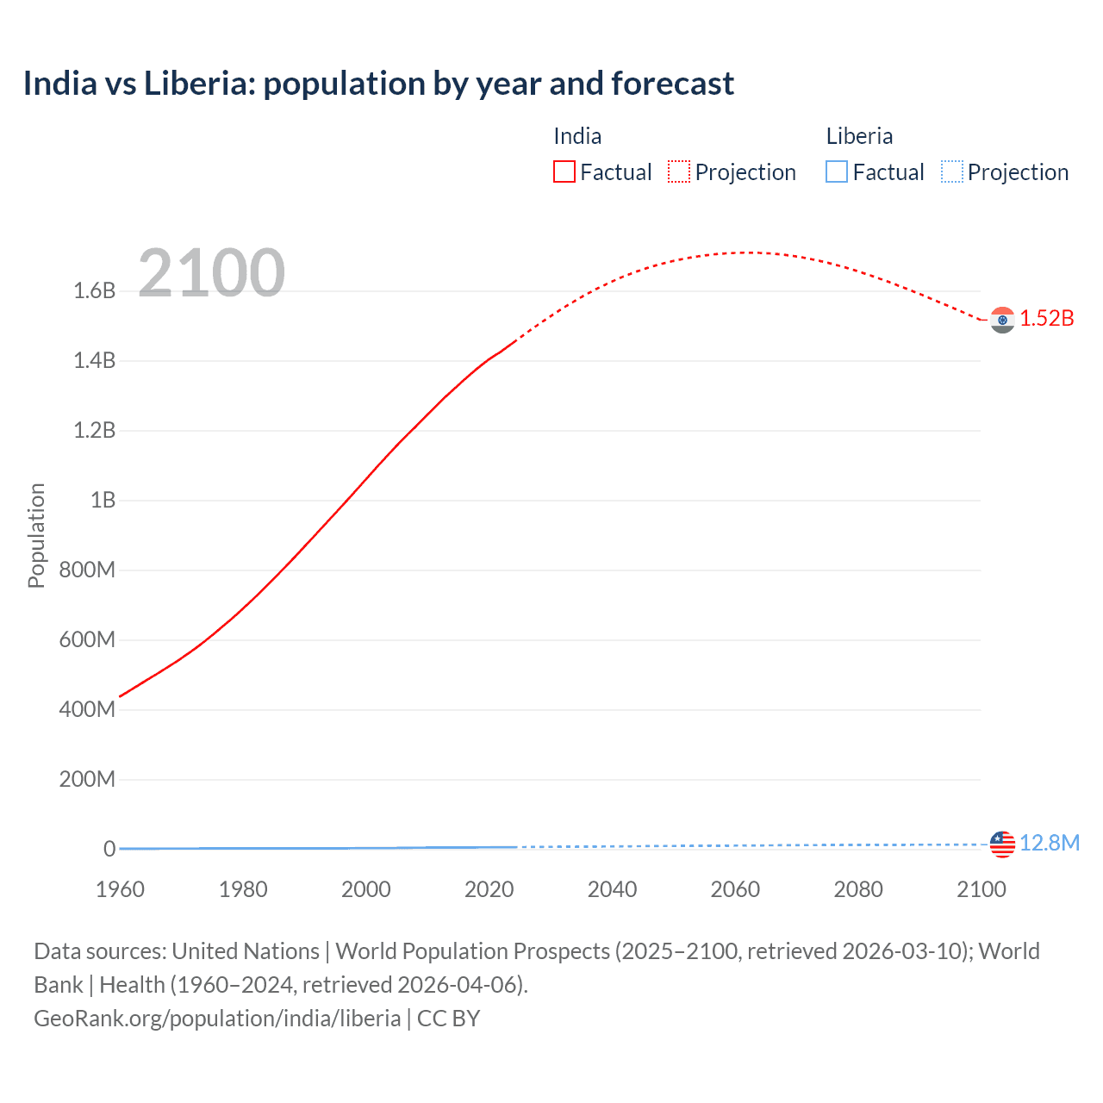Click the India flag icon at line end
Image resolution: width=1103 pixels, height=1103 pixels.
point(1002,320)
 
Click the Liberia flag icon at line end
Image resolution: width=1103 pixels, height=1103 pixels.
point(1002,844)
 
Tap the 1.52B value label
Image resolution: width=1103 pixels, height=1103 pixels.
point(1047,318)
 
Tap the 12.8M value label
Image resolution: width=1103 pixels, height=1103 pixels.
point(1050,843)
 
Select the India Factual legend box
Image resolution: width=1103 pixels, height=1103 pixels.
point(564,171)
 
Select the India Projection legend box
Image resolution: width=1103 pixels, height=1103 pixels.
point(679,171)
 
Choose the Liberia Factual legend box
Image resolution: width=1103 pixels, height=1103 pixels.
point(837,171)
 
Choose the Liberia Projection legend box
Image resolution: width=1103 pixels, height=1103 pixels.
point(951,171)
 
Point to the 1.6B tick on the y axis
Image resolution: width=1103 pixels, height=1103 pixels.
point(95,290)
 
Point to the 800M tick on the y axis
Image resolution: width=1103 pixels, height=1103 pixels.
point(87,570)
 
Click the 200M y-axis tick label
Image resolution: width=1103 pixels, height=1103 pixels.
point(87,779)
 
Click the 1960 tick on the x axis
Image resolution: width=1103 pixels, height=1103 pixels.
point(120,889)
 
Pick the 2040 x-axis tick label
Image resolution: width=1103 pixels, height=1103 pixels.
point(612,889)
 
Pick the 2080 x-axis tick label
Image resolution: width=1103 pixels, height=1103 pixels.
point(858,889)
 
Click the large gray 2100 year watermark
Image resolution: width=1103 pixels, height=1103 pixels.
point(211,272)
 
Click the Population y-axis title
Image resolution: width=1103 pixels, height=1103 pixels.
point(36,535)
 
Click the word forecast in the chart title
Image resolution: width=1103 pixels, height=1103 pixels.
point(672,84)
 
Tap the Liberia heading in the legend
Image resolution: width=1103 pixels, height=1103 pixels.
point(859,136)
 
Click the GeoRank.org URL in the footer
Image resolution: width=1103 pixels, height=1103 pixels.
point(217,1018)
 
